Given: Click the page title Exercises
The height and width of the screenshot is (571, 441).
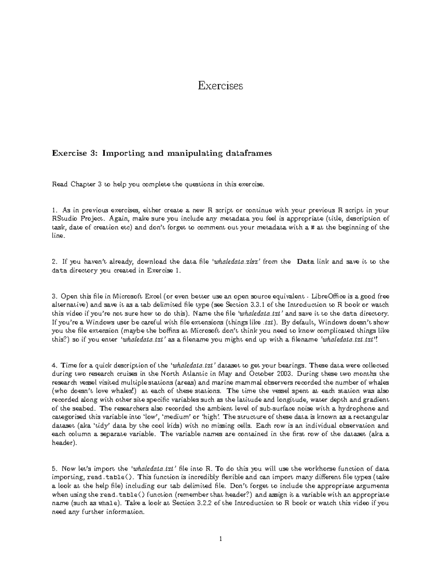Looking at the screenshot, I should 220,86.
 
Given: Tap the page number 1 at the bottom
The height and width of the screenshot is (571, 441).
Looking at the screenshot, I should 220,539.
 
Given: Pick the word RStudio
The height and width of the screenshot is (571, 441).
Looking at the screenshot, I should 65,219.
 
